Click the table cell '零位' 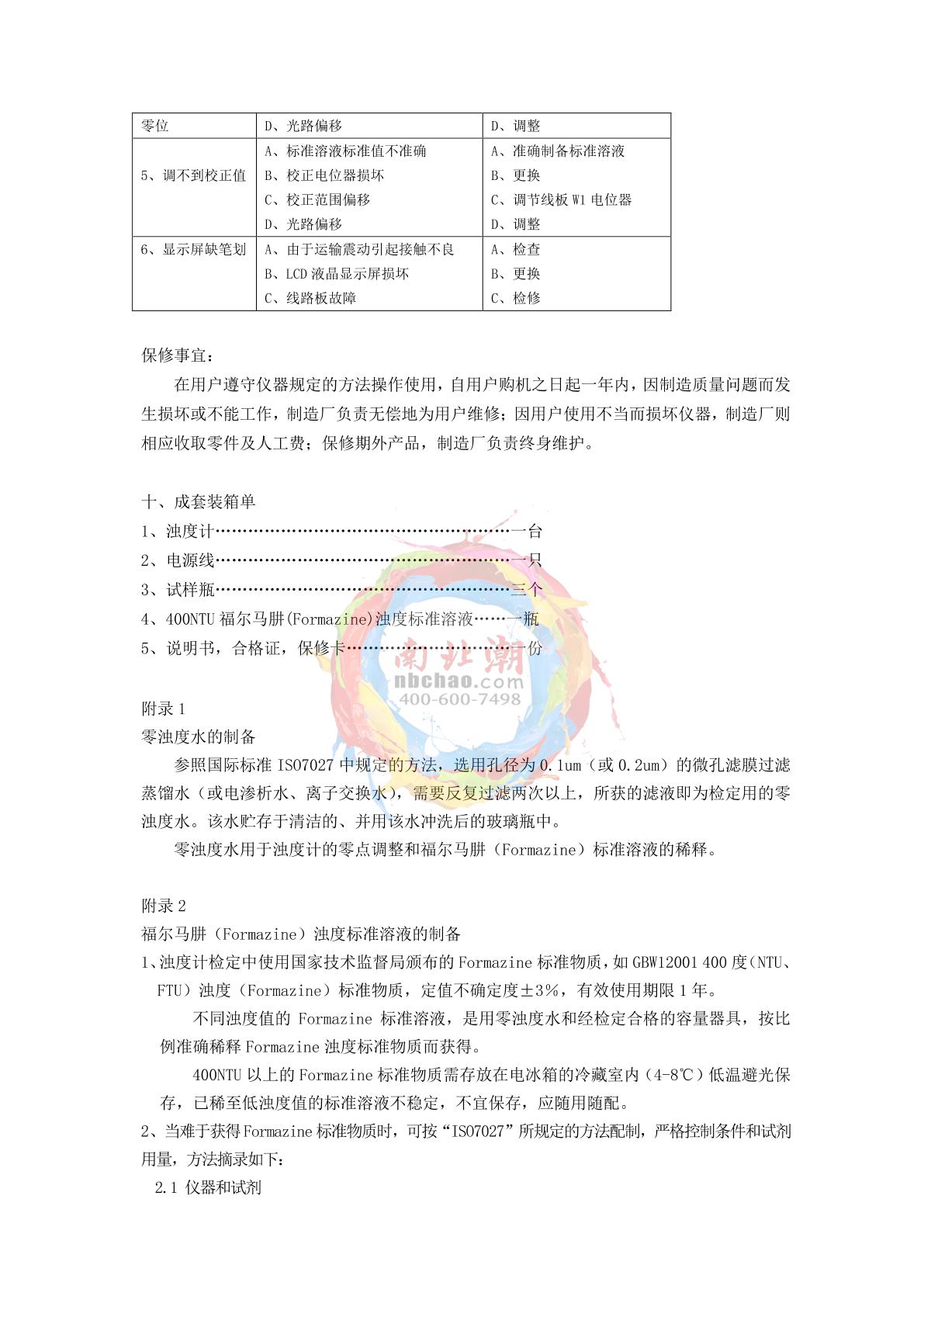tap(155, 126)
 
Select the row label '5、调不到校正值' tap(194, 175)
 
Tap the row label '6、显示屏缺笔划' tap(194, 249)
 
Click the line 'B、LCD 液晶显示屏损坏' tap(337, 274)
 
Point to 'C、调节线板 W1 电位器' tap(562, 200)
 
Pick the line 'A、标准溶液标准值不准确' tap(345, 151)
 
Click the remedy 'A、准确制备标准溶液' tap(558, 151)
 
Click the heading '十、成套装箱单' tap(199, 502)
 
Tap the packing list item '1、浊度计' tap(178, 532)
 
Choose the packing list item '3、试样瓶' tap(178, 590)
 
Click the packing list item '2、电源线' tap(178, 560)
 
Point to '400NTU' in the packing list tap(191, 619)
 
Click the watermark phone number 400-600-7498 tap(459, 699)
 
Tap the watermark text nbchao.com tap(459, 681)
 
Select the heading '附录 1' tap(163, 709)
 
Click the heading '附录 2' tap(163, 906)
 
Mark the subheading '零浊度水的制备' tap(199, 736)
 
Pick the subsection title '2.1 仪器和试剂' tap(208, 1187)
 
